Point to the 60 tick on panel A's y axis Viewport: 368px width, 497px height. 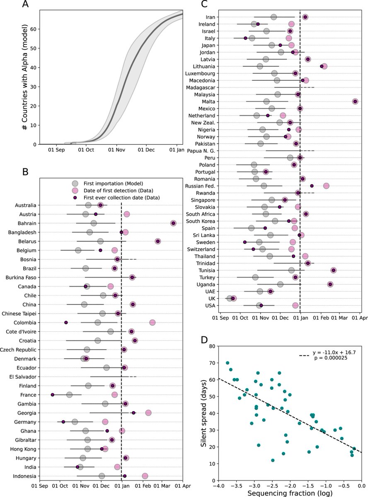click(x=33, y=29)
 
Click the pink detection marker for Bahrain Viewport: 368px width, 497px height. click(x=173, y=223)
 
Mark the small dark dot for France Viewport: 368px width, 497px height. click(x=53, y=395)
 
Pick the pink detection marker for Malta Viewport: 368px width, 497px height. click(x=355, y=101)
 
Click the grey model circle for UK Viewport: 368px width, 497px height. click(x=230, y=298)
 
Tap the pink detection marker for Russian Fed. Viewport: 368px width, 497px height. click(x=326, y=186)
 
